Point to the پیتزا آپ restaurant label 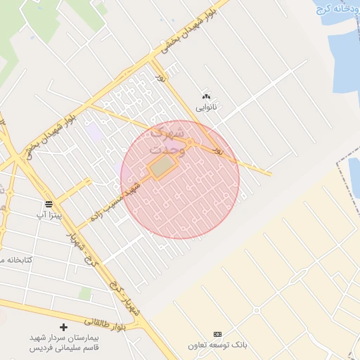click(51, 214)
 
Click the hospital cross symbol click(64, 327)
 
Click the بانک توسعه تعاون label click(218, 345)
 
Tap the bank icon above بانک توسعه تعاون click(217, 333)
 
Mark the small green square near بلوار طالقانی click(84, 293)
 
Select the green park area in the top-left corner click(14, 28)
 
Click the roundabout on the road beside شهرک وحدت click(189, 143)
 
